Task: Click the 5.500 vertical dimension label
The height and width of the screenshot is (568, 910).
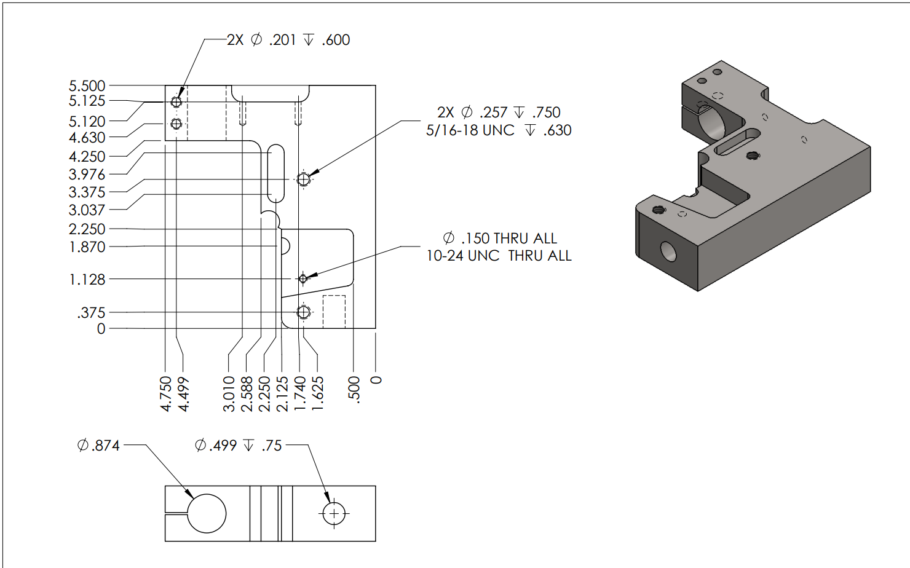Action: (x=87, y=85)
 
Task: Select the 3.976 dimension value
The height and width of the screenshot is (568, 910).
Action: (x=87, y=175)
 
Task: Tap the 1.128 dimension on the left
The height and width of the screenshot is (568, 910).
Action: (x=87, y=280)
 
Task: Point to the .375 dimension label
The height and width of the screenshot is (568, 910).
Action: (x=91, y=313)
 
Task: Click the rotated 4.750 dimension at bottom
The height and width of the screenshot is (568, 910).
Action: (x=166, y=394)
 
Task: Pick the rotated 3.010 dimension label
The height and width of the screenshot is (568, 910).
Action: (x=229, y=394)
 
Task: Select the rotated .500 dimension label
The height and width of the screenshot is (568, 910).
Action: (x=354, y=389)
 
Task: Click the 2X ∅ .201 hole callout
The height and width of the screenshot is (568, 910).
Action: (x=288, y=40)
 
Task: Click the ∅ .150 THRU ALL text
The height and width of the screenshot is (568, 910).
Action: (x=499, y=239)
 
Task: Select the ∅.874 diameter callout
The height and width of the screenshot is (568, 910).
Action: (x=98, y=445)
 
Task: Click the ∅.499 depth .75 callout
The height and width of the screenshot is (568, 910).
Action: (x=239, y=445)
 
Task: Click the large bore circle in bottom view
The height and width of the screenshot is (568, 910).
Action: (x=207, y=513)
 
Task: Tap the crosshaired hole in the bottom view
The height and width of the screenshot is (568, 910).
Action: (x=334, y=513)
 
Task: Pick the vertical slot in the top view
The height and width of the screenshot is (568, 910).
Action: (x=276, y=173)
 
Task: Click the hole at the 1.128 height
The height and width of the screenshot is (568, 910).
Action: (x=303, y=279)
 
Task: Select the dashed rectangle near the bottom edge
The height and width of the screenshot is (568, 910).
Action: (x=334, y=311)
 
